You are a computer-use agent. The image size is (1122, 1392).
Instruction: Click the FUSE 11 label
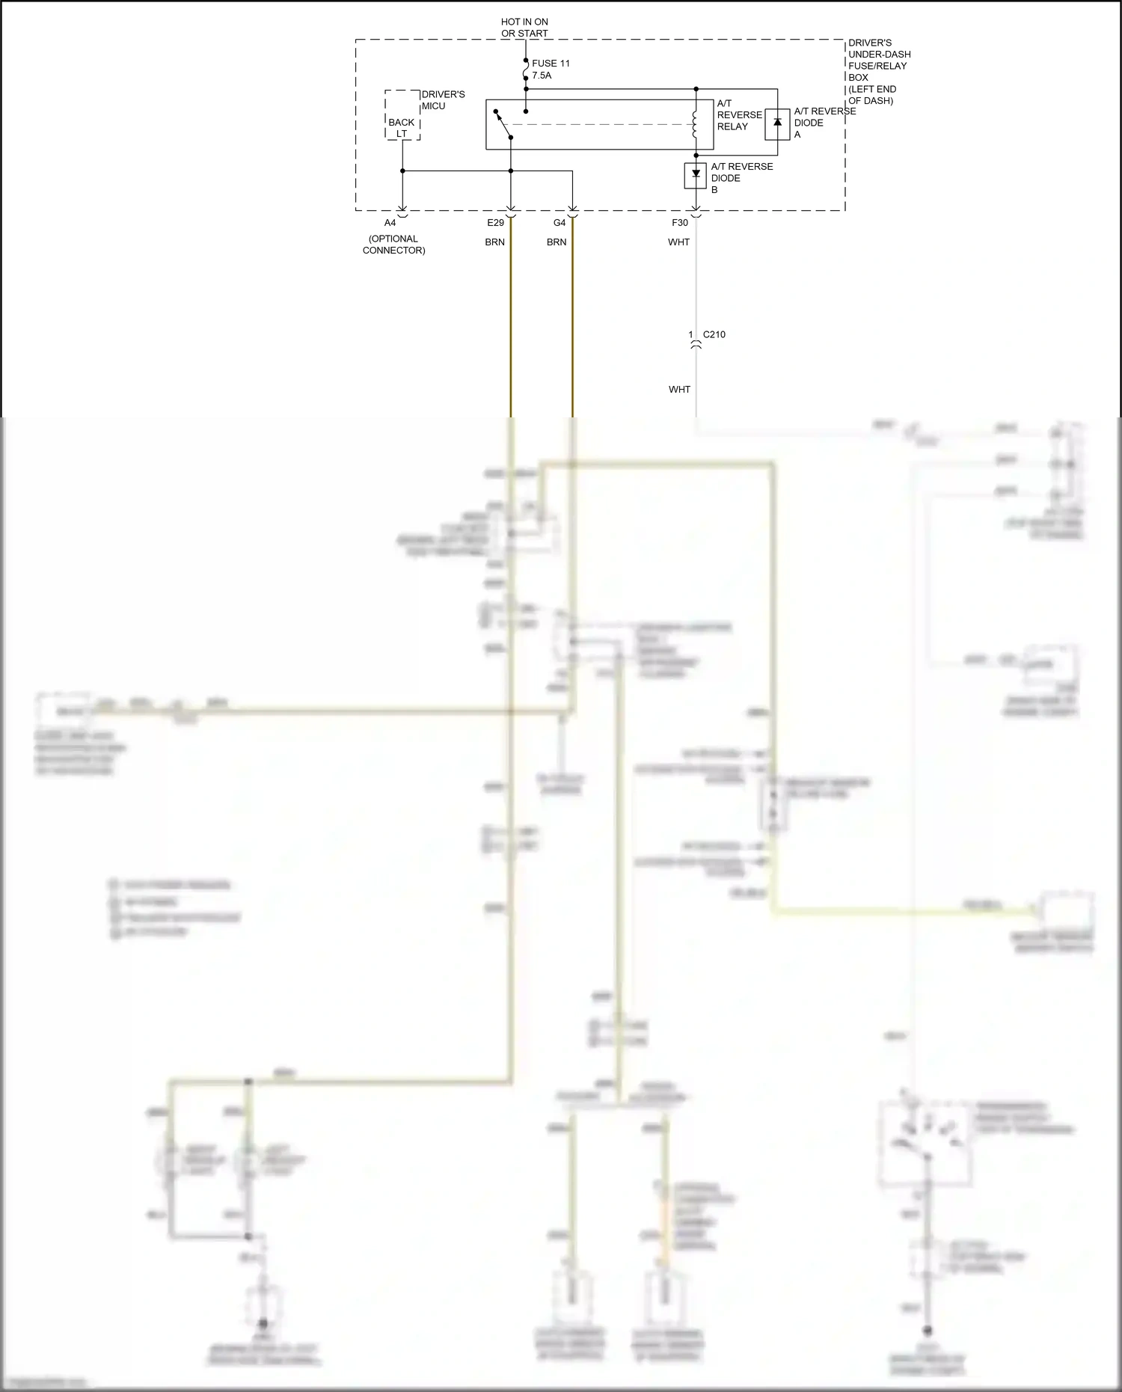(551, 64)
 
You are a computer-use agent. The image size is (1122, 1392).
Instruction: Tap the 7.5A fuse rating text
(542, 76)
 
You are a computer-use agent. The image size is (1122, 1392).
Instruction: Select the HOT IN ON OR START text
(524, 28)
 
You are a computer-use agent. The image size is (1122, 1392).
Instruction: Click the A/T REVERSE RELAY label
(739, 115)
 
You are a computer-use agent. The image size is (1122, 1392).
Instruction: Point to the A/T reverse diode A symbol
(777, 123)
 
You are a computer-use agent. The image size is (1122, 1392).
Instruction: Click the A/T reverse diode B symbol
(696, 175)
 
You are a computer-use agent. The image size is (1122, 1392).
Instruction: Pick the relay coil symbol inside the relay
(695, 124)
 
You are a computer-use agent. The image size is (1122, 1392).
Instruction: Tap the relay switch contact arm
(503, 124)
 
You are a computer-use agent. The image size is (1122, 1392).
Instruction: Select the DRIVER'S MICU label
(443, 100)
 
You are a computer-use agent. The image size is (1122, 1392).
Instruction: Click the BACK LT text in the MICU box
(402, 128)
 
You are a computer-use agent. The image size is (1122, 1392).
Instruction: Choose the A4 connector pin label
(390, 223)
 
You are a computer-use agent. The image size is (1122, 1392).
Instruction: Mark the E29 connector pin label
(495, 223)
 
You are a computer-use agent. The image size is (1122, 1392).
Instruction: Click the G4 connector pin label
(560, 223)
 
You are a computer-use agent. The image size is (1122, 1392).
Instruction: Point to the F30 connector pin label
(679, 223)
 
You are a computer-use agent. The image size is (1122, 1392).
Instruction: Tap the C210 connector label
(714, 334)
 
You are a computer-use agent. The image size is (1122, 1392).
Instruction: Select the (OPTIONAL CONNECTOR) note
(393, 245)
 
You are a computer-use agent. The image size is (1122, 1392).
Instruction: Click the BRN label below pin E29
(494, 242)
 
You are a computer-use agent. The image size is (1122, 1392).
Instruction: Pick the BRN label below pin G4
(557, 242)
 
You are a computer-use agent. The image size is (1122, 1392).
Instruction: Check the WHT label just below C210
(679, 390)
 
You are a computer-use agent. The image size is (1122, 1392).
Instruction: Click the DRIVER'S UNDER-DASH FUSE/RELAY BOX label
(879, 72)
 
